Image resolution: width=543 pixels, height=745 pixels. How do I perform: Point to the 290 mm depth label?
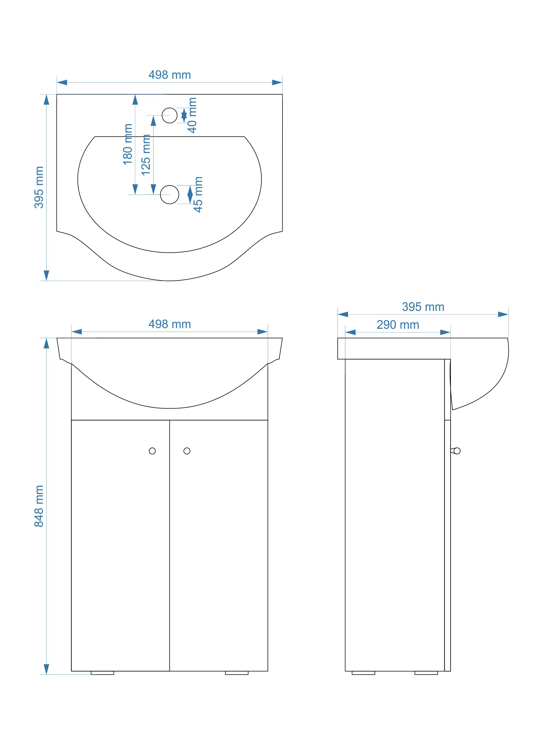[398, 325]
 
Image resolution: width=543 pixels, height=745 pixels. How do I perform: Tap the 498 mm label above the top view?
[170, 75]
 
